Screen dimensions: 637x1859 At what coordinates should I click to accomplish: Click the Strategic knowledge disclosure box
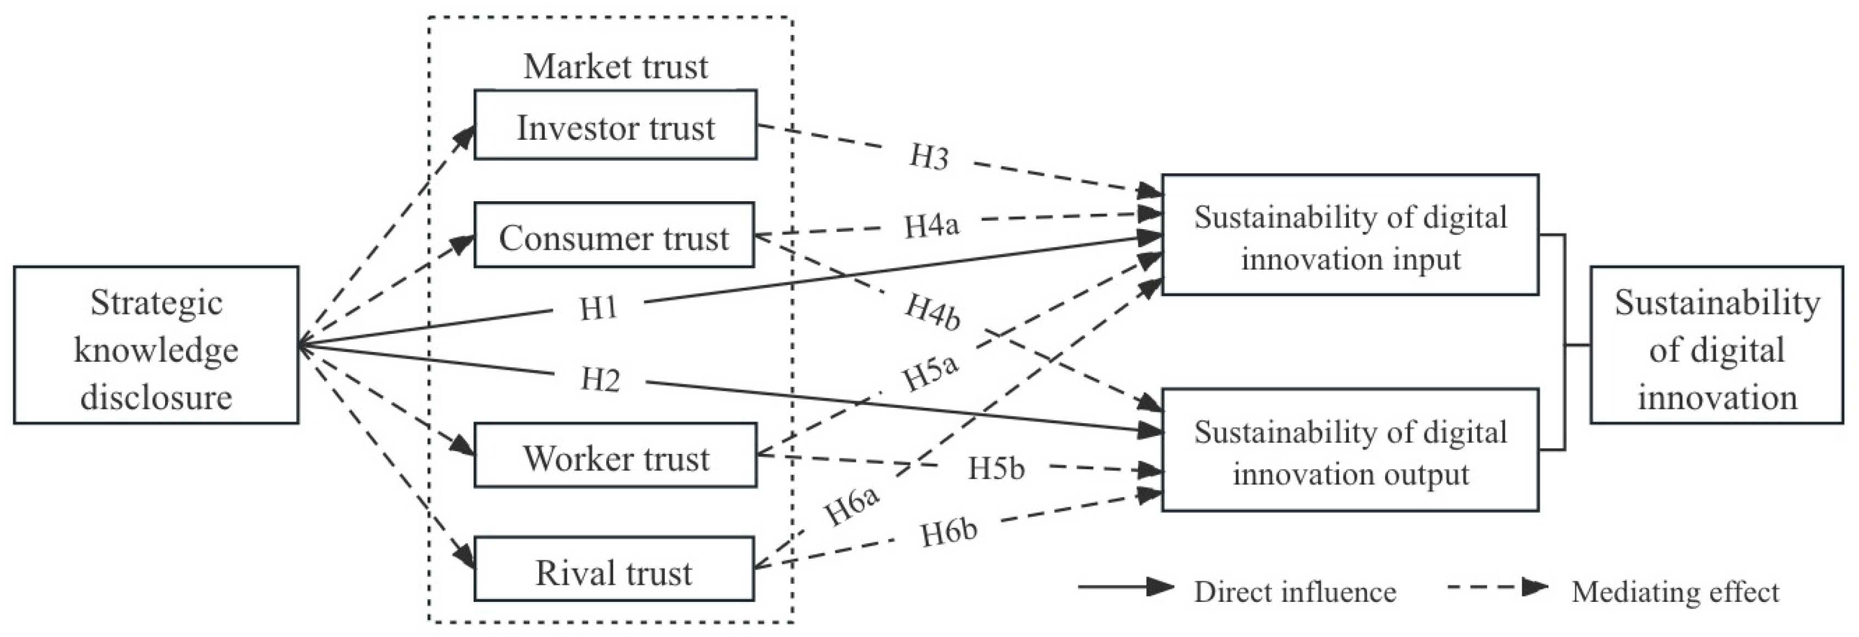tap(156, 345)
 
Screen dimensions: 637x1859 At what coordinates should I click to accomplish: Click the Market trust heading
tap(615, 67)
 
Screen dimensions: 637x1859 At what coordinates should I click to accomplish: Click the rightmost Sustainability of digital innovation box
tap(1716, 345)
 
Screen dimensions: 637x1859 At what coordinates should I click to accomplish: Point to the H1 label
tap(599, 309)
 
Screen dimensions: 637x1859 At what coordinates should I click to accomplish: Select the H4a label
tap(931, 226)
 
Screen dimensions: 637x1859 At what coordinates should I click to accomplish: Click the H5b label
tap(996, 468)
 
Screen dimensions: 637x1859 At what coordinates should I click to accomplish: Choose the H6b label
tap(949, 533)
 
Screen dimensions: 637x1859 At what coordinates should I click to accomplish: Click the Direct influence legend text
tap(1295, 592)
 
